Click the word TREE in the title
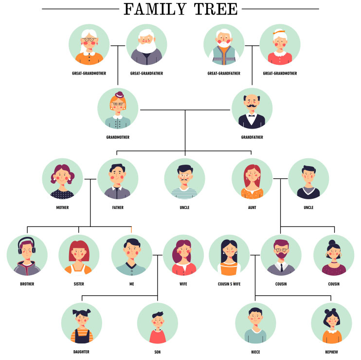point(216,9)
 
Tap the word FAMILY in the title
point(155,9)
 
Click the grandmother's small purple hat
point(119,95)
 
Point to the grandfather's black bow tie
point(252,116)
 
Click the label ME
point(132,284)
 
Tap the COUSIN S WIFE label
point(229,284)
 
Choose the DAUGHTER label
point(81,352)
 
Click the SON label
point(158,352)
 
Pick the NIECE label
point(255,352)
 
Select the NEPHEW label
point(331,352)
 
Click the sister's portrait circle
point(79,255)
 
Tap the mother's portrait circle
point(62,179)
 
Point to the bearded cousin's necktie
point(281,267)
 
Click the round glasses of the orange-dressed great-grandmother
point(90,39)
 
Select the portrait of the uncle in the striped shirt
point(185,179)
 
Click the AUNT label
point(252,208)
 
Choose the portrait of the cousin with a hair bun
point(334,255)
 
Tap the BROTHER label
point(27,284)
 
